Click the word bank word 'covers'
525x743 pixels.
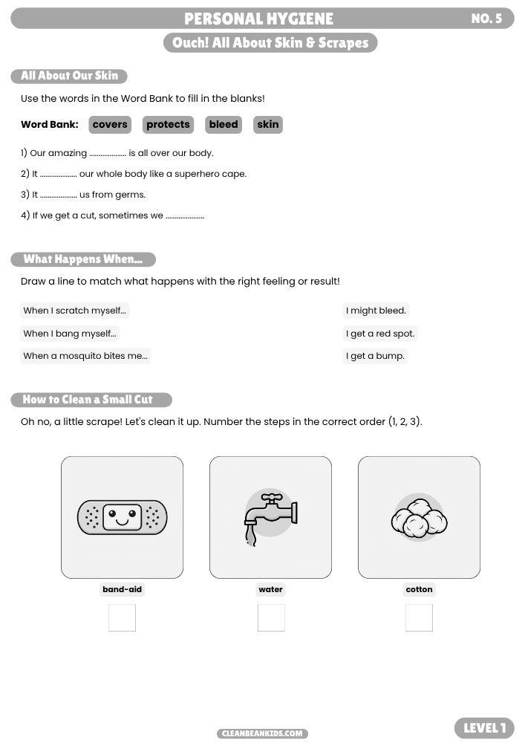(x=110, y=125)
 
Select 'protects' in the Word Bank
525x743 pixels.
(x=168, y=125)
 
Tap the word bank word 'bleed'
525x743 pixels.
(x=224, y=125)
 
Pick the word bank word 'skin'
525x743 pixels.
(x=268, y=125)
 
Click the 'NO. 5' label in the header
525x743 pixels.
(x=486, y=19)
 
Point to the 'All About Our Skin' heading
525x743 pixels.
(x=69, y=76)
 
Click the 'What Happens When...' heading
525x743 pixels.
(x=83, y=259)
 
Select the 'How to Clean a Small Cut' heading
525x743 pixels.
(x=91, y=400)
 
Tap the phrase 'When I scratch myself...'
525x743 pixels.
(x=75, y=311)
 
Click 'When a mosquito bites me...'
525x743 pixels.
(x=85, y=356)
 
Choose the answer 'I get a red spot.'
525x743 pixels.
(x=380, y=334)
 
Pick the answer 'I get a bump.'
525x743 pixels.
(x=376, y=356)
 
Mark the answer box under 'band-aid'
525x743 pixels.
(x=122, y=617)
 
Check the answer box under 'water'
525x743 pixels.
(x=271, y=617)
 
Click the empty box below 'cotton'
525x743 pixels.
(x=419, y=617)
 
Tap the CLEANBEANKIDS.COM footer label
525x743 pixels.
(x=263, y=733)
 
